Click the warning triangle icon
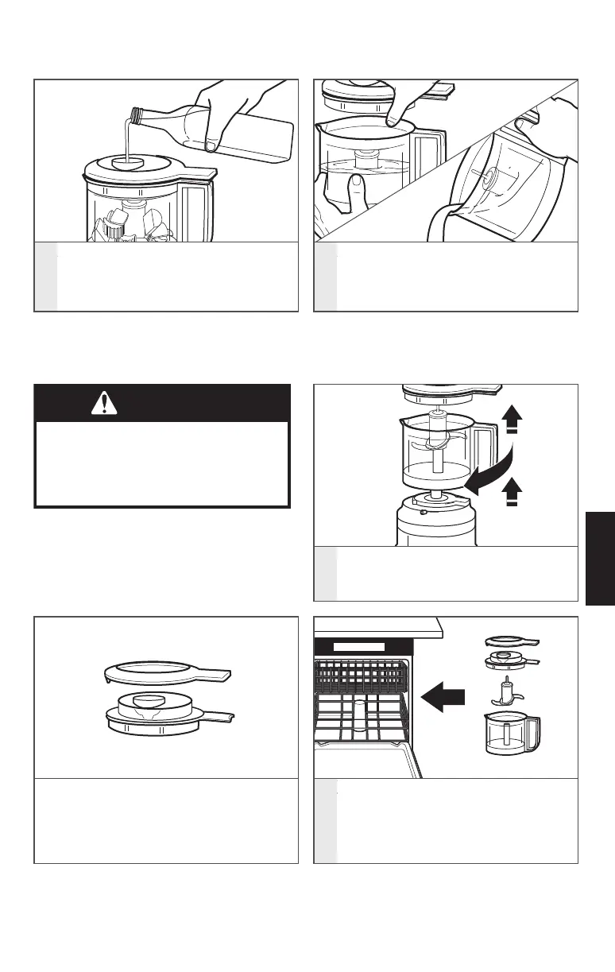tap(102, 403)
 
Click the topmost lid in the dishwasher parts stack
tap(511, 641)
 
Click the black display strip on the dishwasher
tap(359, 647)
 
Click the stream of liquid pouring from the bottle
tap(126, 135)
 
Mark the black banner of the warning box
tap(161, 403)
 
